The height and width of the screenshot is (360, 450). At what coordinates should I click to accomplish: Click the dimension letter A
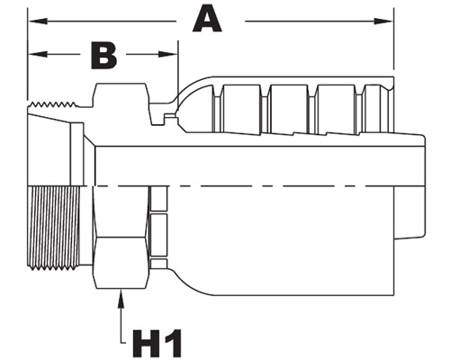(x=207, y=18)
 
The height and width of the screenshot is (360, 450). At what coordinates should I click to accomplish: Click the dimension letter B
(x=103, y=56)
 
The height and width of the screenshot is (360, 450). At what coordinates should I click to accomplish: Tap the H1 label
(x=157, y=343)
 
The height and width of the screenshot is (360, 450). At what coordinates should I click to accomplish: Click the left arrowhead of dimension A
(x=38, y=22)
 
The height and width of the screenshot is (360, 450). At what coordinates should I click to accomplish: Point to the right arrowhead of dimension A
(x=383, y=22)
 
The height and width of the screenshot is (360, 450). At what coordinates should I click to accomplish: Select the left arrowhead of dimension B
(x=38, y=54)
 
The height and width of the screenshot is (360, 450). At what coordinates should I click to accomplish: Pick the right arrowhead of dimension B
(x=168, y=54)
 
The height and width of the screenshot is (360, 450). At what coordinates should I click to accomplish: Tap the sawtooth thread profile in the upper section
(x=53, y=104)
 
